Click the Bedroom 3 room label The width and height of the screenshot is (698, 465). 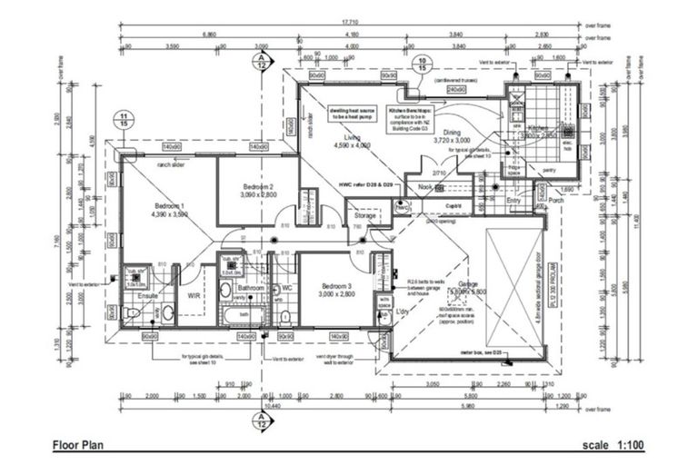pos(335,291)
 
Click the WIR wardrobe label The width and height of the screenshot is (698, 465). pos(194,295)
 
